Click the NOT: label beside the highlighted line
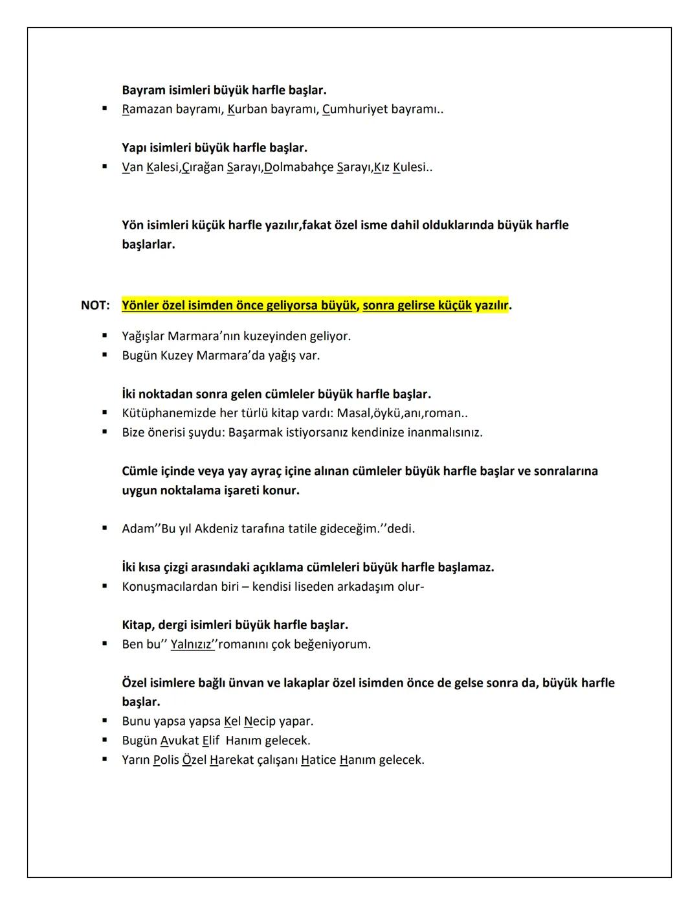(x=95, y=305)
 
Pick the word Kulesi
(x=410, y=167)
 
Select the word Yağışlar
(x=143, y=336)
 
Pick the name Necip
(x=260, y=721)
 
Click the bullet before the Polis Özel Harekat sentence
(x=104, y=759)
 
